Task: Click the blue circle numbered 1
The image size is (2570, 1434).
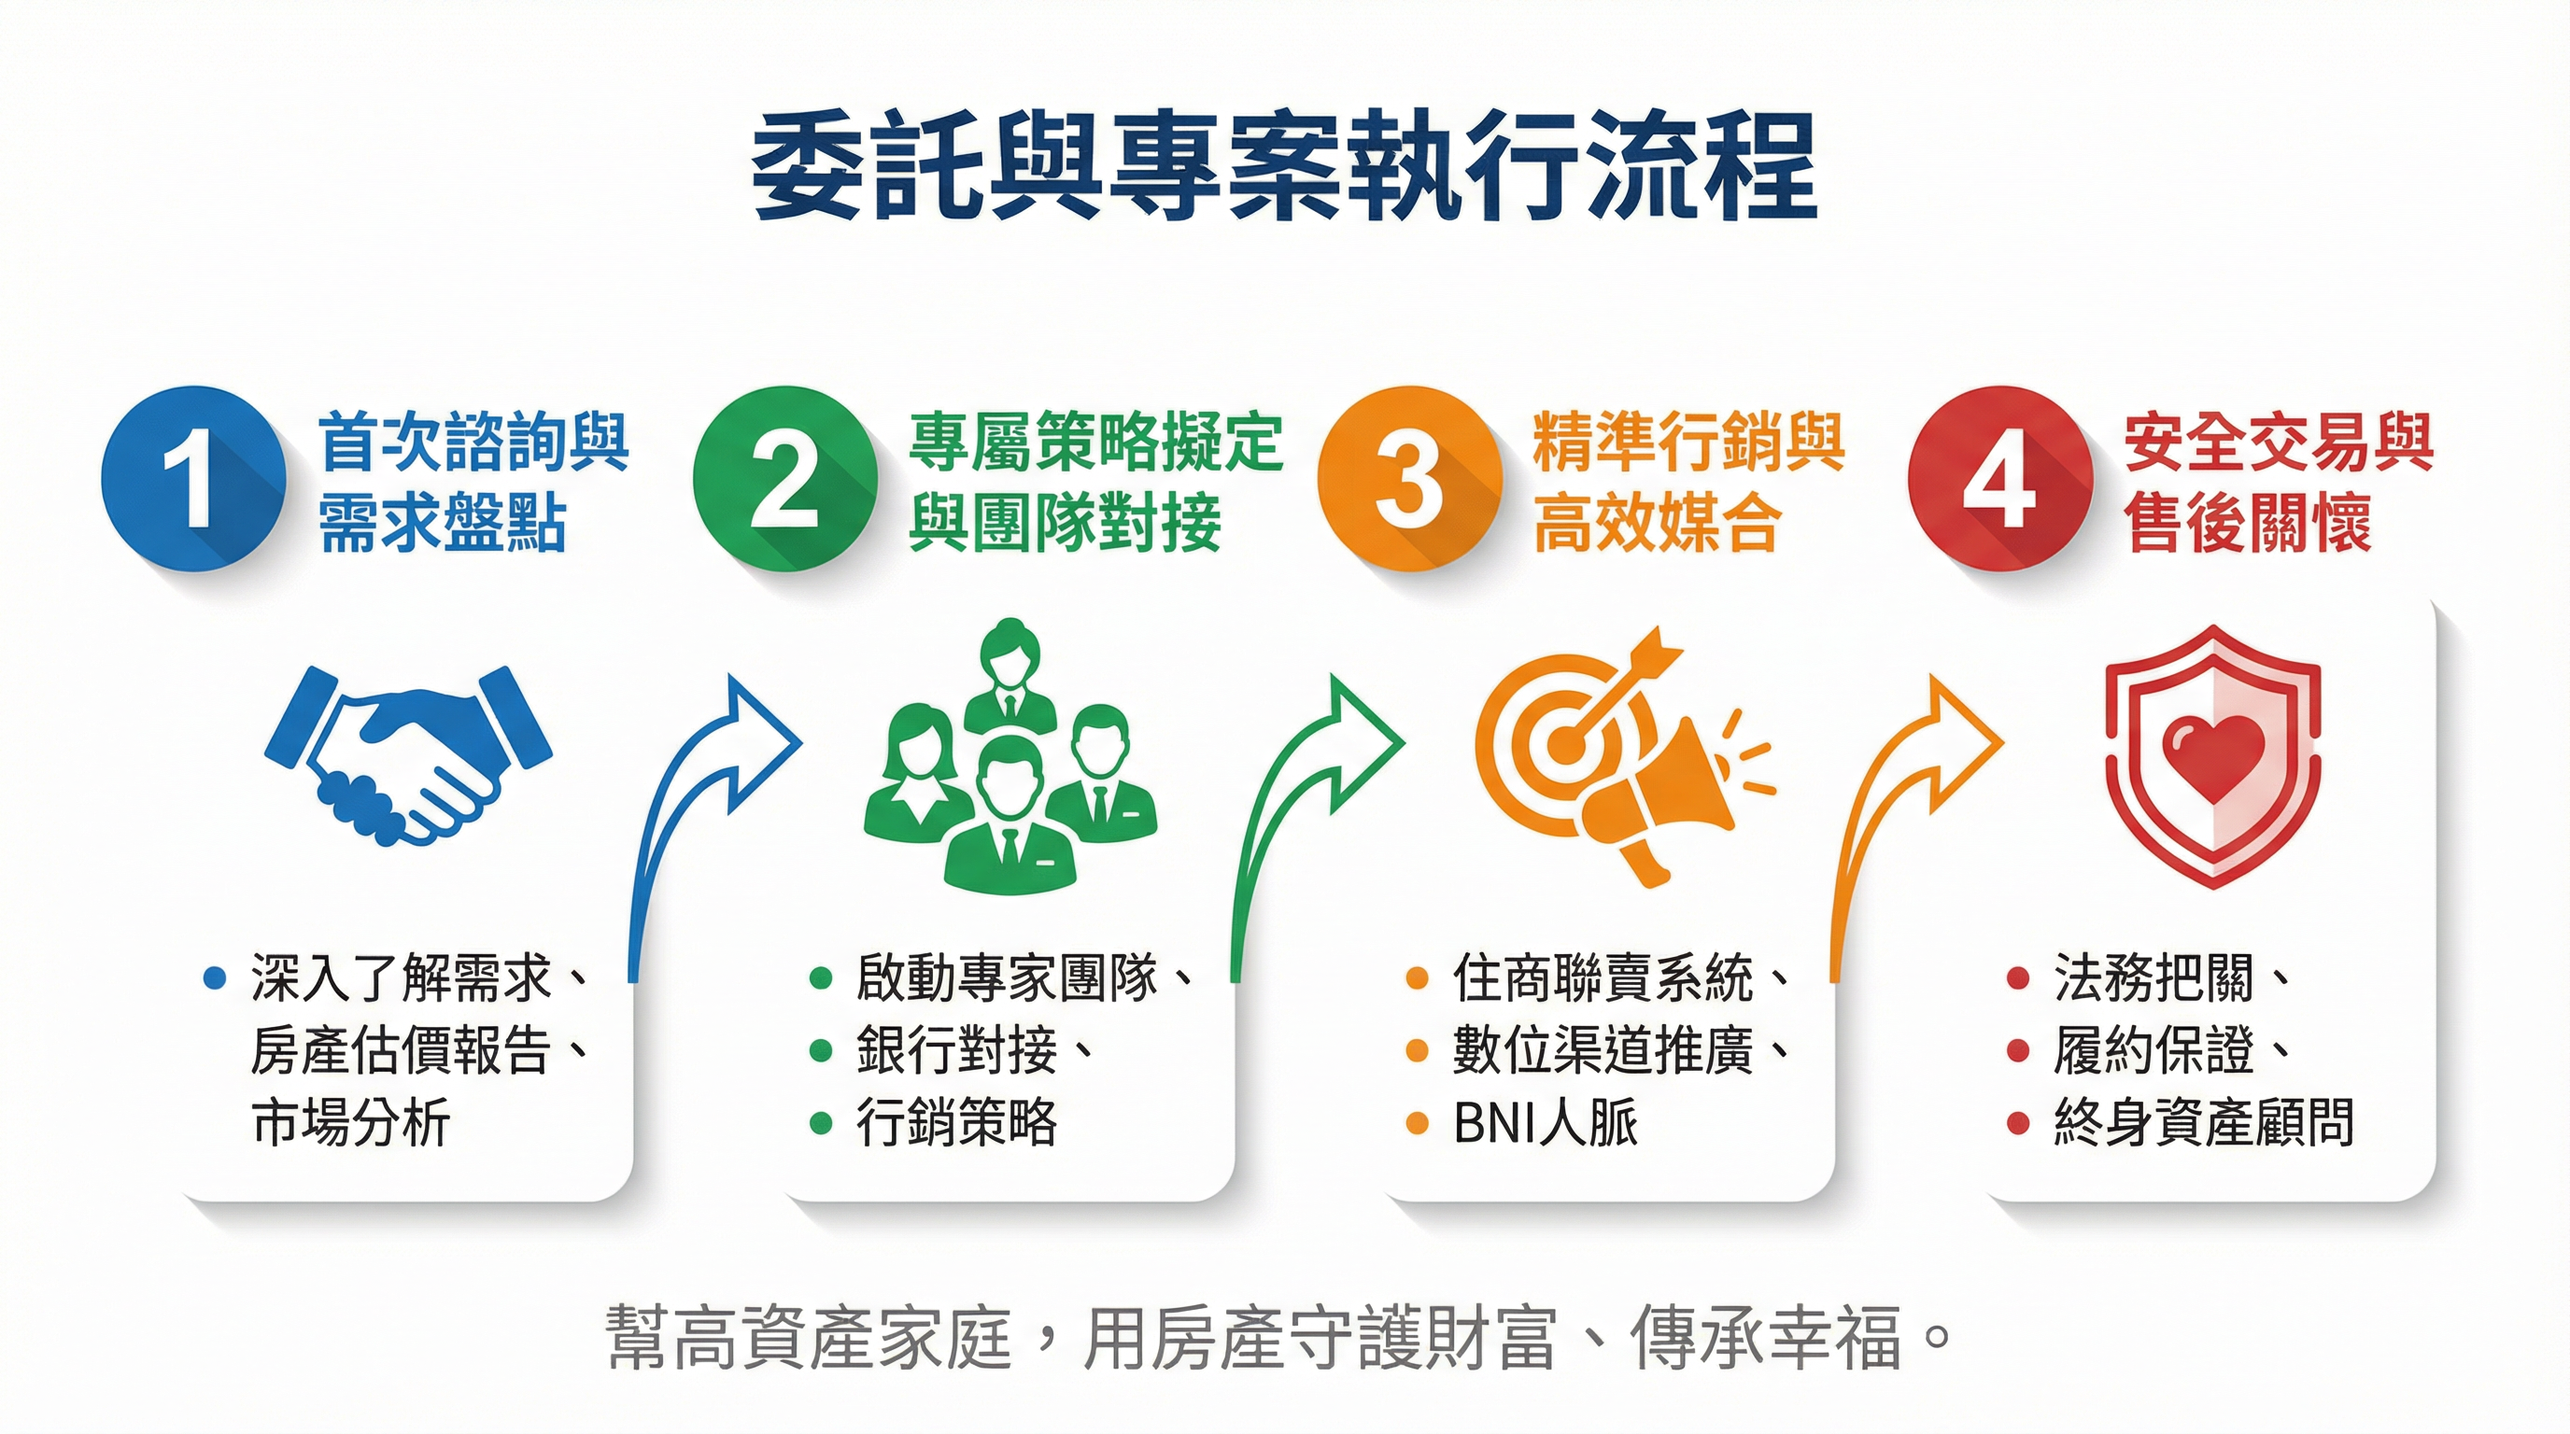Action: click(191, 479)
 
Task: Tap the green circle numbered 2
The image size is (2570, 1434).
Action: click(784, 479)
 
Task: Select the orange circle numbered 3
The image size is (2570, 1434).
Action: click(1408, 479)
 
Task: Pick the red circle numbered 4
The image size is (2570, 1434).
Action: click(1998, 479)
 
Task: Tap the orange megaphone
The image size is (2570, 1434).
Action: click(1656, 798)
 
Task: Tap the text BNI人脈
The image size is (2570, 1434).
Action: click(1546, 1123)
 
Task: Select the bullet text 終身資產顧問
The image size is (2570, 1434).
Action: click(2203, 1123)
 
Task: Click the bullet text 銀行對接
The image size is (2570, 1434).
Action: click(955, 1050)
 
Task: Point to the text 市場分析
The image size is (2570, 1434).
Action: click(350, 1123)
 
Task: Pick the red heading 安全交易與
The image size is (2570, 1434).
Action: click(2279, 443)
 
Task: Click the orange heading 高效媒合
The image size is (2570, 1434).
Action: click(1656, 524)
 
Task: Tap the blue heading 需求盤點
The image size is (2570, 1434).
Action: click(443, 524)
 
